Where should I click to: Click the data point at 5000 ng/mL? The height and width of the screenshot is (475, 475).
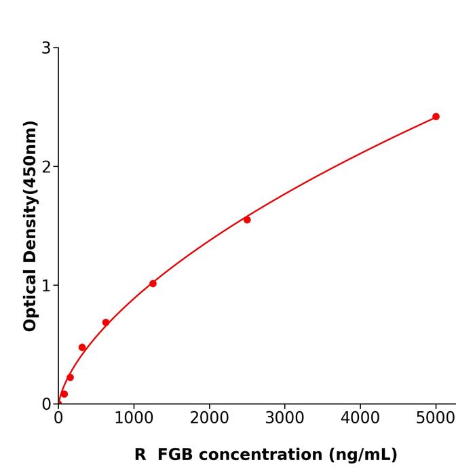coord(436,117)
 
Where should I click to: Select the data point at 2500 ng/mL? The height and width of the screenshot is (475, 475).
coord(247,220)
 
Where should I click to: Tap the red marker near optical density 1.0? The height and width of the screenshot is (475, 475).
coord(153,284)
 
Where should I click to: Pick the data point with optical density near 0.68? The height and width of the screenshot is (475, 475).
coord(106,323)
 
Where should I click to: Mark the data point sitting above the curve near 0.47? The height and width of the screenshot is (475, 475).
coord(82,347)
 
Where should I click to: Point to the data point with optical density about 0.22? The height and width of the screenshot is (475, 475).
coord(70,377)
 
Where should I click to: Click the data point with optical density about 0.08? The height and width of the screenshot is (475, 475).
coord(64,394)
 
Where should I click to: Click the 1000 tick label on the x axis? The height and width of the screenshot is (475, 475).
coord(134,417)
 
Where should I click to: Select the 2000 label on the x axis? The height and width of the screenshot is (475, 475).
coord(209,417)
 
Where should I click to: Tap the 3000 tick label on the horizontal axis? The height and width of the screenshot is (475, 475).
coord(284,417)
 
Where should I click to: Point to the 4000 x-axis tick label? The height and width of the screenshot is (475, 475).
coord(360,417)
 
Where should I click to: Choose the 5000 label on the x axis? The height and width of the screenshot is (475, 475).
coord(436,417)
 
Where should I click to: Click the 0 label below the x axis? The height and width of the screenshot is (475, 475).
coord(58,417)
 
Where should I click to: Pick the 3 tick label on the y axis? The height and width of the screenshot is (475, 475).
coord(46,48)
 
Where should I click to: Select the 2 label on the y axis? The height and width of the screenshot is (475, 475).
coord(46,167)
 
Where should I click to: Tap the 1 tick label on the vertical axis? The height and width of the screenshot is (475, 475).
coord(46,286)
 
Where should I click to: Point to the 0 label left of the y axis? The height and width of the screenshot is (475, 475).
coord(46,404)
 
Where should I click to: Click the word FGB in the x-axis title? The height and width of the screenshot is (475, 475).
coord(176,455)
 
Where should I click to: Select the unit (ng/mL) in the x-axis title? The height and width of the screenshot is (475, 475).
coord(362,455)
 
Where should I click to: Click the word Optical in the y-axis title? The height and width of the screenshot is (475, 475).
coord(30,300)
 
